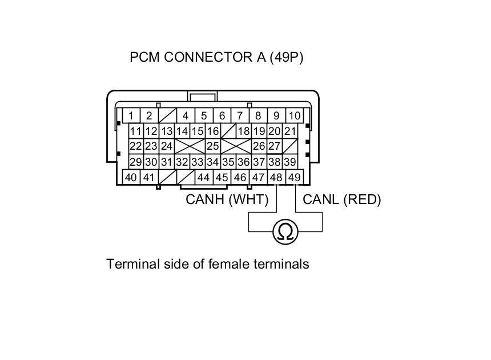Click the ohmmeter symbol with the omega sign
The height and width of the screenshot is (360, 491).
[285, 231]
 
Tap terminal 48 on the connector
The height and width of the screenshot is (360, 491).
[276, 178]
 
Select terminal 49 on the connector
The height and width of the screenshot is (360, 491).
[294, 178]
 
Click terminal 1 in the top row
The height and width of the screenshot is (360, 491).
[131, 116]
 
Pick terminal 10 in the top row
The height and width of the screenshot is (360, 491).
[294, 116]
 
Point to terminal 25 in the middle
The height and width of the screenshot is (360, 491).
[213, 146]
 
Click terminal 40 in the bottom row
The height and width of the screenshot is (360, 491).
[131, 178]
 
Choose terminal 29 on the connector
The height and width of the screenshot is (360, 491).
[135, 162]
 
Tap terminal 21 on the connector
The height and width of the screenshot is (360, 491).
[290, 131]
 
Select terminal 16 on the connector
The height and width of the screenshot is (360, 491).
[213, 131]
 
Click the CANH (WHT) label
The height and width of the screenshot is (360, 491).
[219, 199]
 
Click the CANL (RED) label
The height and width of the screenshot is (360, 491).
[341, 199]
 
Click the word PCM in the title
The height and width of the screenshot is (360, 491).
[145, 58]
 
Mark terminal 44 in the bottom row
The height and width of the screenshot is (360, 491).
[203, 178]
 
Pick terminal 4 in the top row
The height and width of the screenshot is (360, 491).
[185, 116]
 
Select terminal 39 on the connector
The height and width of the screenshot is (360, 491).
[290, 162]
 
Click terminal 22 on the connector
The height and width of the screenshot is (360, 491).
[135, 147]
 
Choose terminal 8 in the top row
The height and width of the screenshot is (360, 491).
[258, 116]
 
